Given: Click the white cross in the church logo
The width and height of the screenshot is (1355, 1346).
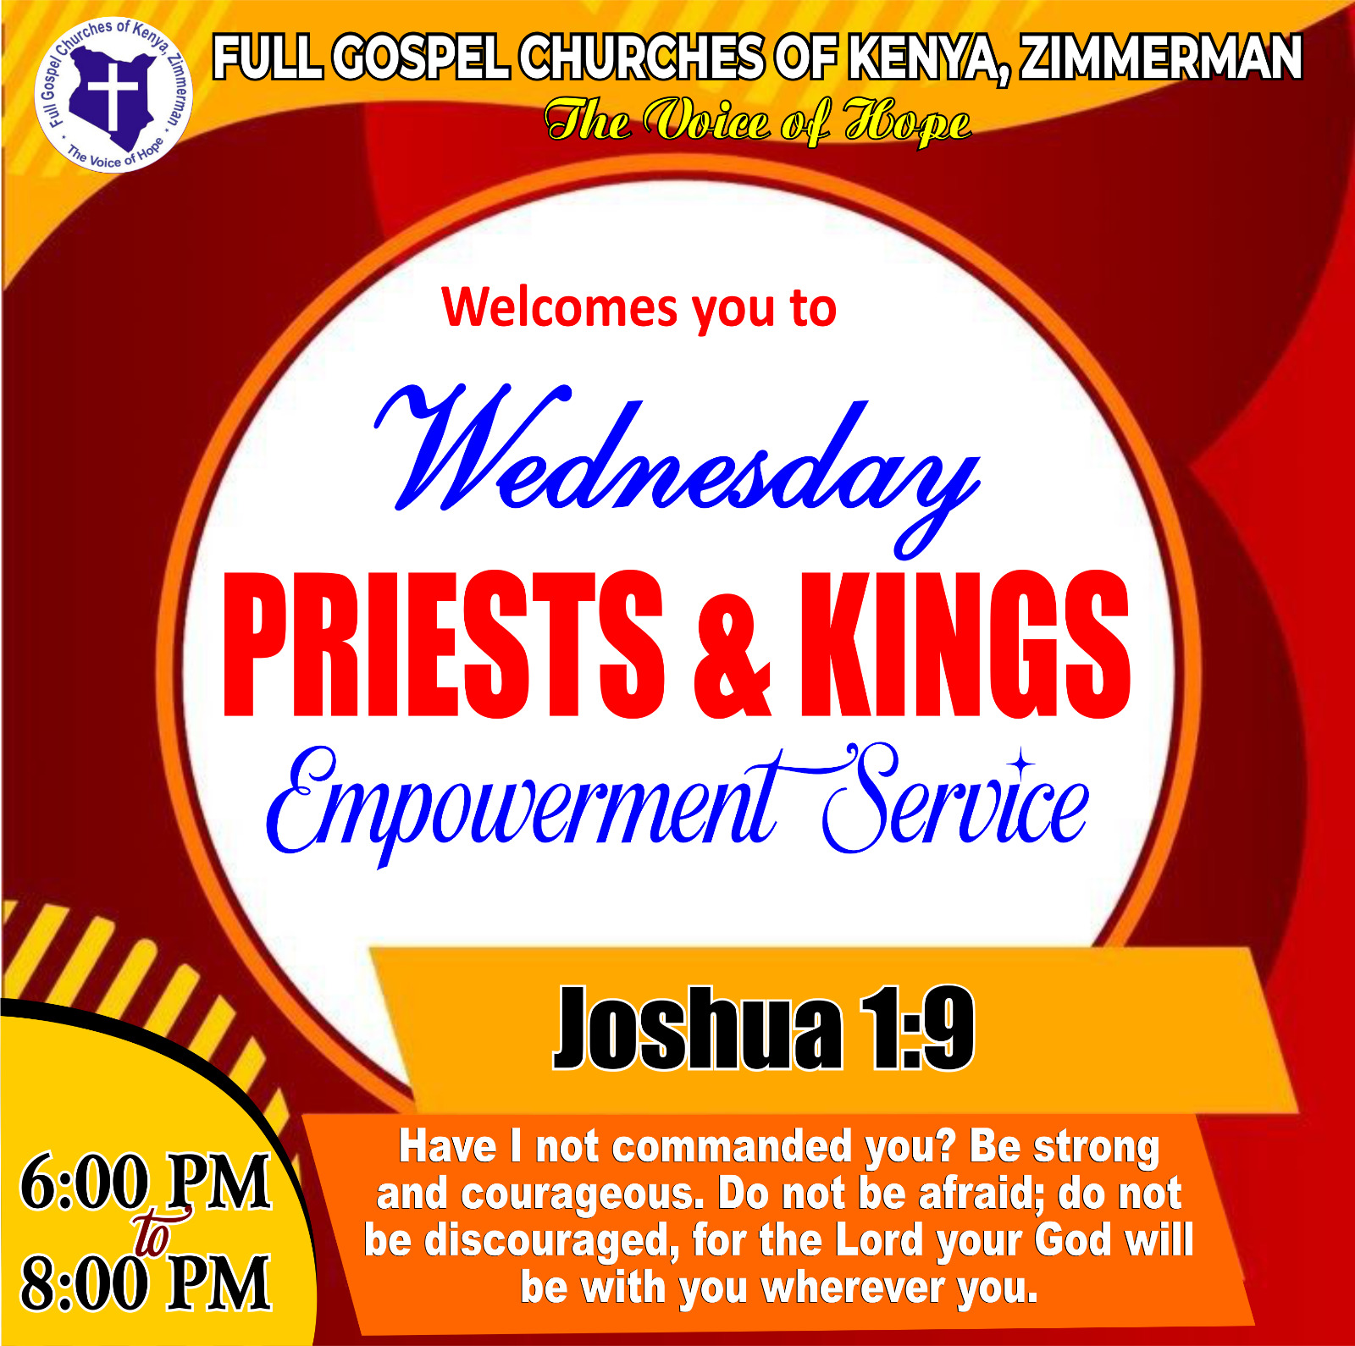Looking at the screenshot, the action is tap(112, 92).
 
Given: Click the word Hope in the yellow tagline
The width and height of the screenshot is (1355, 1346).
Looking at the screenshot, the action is tap(907, 122).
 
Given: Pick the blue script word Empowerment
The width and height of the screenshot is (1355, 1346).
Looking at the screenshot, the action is tap(525, 804).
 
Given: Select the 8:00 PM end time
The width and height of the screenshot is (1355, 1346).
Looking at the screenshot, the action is tap(146, 1283).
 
